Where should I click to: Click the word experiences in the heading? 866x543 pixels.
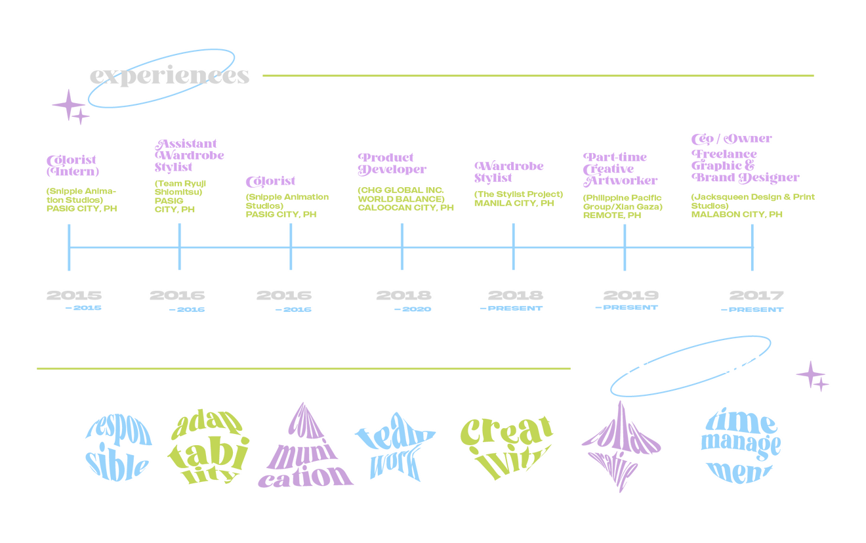(x=169, y=77)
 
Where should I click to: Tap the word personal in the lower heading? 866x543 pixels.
(x=649, y=366)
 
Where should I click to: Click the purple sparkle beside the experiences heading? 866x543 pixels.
(x=70, y=106)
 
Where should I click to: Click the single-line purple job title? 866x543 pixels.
(x=270, y=180)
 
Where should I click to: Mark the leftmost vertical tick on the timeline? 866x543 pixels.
(x=69, y=247)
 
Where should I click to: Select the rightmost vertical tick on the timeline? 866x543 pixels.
(x=753, y=247)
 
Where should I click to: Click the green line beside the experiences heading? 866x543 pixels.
(x=538, y=76)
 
